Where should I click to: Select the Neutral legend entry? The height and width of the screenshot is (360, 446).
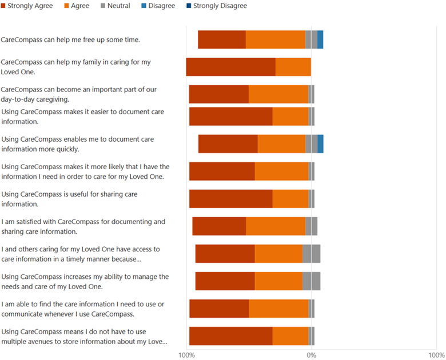[x=114, y=6]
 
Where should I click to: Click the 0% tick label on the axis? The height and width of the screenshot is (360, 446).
[x=311, y=355]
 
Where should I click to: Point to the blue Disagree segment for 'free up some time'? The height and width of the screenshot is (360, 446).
[x=320, y=39]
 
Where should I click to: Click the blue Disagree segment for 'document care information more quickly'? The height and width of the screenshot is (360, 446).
[x=320, y=143]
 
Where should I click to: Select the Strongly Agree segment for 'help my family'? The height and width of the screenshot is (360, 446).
[x=230, y=67]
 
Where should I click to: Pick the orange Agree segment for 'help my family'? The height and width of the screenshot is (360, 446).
[x=293, y=67]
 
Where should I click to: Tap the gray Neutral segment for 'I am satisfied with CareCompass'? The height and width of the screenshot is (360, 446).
[x=311, y=226]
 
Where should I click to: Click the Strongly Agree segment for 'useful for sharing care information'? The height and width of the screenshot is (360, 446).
[x=230, y=198]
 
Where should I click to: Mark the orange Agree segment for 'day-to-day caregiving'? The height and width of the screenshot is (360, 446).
[x=278, y=94]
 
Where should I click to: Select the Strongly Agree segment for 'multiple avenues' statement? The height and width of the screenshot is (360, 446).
[x=230, y=336]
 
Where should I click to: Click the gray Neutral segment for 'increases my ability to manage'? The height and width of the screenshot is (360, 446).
[x=311, y=281]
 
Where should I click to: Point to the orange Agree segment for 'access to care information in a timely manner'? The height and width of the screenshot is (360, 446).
[x=278, y=254]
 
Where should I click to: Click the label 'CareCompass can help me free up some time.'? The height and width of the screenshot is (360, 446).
[x=70, y=40]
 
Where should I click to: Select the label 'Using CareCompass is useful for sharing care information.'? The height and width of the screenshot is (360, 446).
[x=69, y=199]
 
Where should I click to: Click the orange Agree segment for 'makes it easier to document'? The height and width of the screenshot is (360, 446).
[x=290, y=116]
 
